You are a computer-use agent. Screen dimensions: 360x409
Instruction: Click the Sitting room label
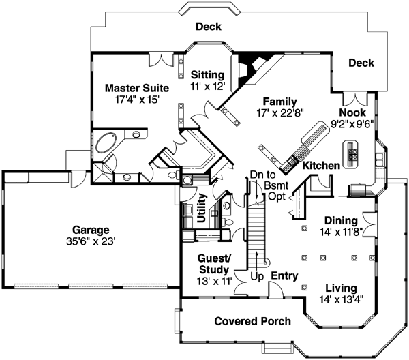[x=207, y=74]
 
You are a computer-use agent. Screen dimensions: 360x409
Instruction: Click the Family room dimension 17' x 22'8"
[x=280, y=112]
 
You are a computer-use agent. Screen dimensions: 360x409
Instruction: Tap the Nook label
[x=353, y=112]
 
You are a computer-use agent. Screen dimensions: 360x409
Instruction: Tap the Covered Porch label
[x=252, y=321]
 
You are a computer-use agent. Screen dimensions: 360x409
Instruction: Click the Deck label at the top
[x=208, y=27]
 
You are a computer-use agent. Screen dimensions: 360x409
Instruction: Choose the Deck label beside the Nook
[x=361, y=63]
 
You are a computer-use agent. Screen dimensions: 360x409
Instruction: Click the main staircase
[x=256, y=232]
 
